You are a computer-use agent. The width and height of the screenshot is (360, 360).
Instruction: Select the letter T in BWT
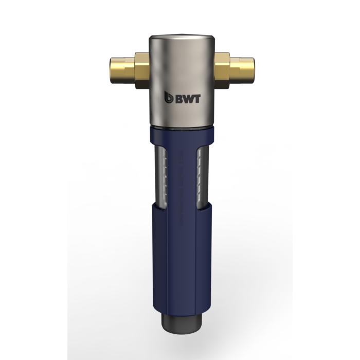[x=197, y=99]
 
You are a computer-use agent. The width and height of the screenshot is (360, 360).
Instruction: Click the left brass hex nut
[x=142, y=70]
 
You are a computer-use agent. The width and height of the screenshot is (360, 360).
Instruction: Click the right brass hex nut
[x=222, y=70]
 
